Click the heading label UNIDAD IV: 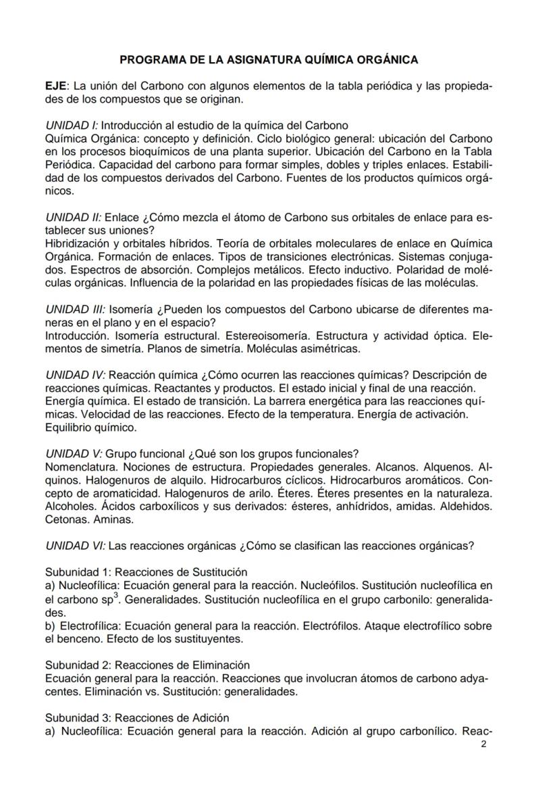[x=76, y=375]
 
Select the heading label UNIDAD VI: [x=76, y=545]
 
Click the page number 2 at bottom [x=483, y=744]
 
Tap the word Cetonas [x=66, y=519]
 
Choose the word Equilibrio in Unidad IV [x=69, y=428]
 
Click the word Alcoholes [x=70, y=506]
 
